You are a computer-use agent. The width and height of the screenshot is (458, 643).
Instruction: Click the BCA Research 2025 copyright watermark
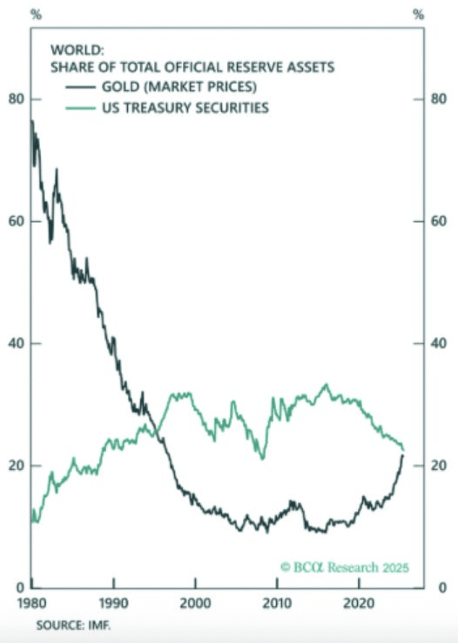click(345, 567)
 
